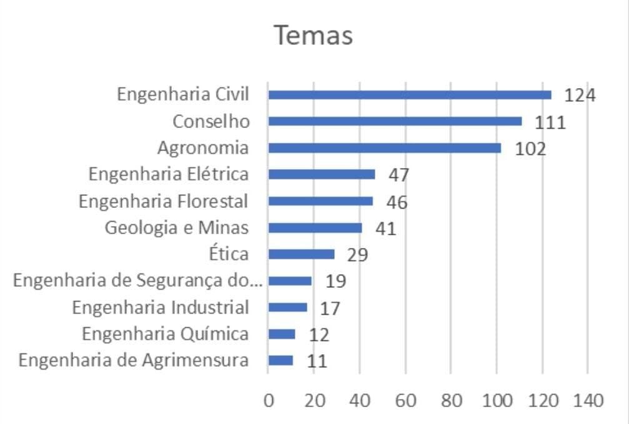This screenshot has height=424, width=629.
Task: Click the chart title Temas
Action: [314, 36]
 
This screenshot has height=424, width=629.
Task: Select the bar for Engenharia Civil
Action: [410, 95]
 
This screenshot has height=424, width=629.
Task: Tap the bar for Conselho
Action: [395, 121]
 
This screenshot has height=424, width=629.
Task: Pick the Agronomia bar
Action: [384, 148]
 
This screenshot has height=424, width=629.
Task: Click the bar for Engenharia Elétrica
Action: [322, 174]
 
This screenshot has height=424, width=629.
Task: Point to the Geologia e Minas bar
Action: [315, 228]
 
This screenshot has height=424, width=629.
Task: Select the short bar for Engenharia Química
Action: [282, 334]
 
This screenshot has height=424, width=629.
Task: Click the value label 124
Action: [580, 96]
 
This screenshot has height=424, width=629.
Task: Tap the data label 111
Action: [550, 122]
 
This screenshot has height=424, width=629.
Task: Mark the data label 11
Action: [317, 362]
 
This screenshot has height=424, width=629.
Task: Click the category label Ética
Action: [229, 254]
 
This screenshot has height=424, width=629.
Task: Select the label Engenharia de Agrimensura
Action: [134, 361]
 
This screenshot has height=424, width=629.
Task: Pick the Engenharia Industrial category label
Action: [161, 308]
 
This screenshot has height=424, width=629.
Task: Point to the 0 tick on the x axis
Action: [269, 400]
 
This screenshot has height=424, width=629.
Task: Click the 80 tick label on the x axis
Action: [451, 400]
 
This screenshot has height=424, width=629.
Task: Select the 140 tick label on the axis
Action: [587, 400]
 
